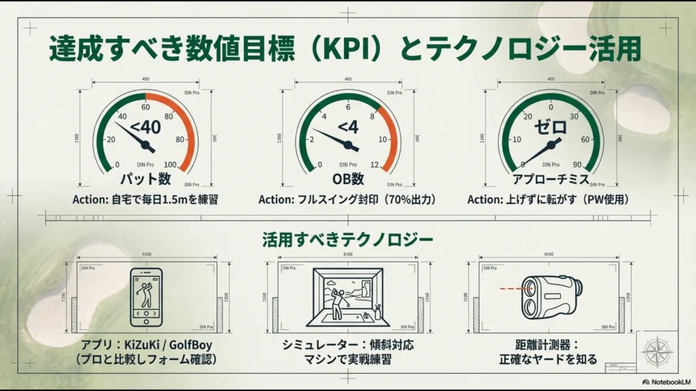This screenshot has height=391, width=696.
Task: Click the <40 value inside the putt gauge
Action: pos(145,126)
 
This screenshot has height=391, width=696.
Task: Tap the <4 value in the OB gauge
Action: pos(347,126)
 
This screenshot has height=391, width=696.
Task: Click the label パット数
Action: pos(145,180)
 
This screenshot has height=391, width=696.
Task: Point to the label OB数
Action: pos(348,180)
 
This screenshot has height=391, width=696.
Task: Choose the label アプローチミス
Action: pos(550,180)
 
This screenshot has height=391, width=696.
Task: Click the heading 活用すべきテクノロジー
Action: pos(348,240)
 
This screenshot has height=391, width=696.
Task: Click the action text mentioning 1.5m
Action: pos(145,200)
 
